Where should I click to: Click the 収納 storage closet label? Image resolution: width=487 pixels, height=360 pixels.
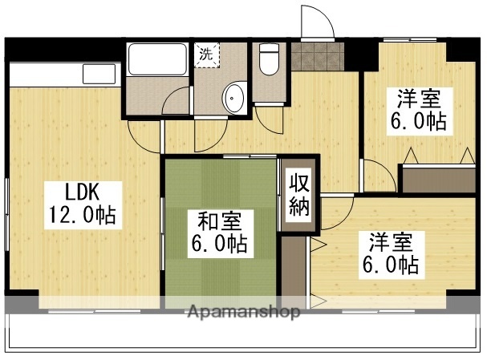click(x=299, y=195)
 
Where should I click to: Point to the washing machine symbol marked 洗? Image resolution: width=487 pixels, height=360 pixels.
click(x=207, y=55)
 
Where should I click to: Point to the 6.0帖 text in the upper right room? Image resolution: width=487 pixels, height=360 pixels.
click(x=419, y=123)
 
